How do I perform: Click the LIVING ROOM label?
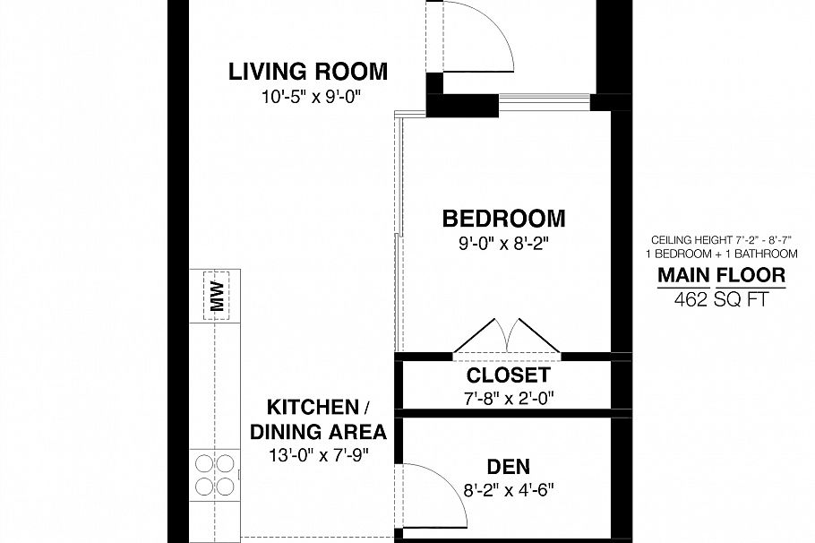pos(308,71)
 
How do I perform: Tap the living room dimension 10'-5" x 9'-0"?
pos(308,95)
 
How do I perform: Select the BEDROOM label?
pos(504,218)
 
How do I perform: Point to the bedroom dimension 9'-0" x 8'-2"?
pos(504,242)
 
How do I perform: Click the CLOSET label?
pos(508,375)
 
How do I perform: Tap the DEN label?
pos(508,466)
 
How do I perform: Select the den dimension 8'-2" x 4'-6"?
pos(508,490)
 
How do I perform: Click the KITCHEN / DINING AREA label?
pos(318,418)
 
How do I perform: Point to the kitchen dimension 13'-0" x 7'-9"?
pos(318,454)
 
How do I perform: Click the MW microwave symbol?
pos(216,294)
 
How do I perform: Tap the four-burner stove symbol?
pos(215,475)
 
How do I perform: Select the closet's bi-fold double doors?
pos(507,338)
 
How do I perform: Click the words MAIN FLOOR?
pos(722,275)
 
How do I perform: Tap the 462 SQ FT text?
pos(722,300)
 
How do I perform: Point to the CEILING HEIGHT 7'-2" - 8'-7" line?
pos(722,240)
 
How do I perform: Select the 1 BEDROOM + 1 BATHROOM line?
pos(722,254)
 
